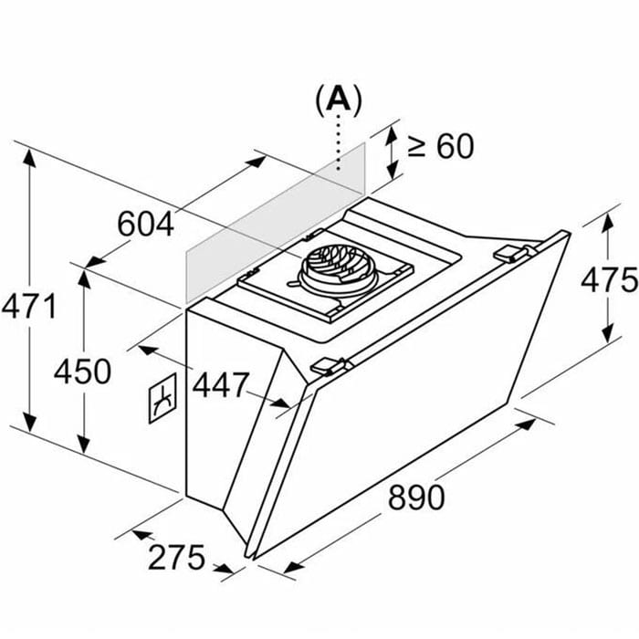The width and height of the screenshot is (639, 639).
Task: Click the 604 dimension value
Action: pyautogui.click(x=145, y=225)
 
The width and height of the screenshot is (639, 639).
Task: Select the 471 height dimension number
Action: pyautogui.click(x=28, y=306)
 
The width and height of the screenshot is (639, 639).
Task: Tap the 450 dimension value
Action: pyautogui.click(x=82, y=372)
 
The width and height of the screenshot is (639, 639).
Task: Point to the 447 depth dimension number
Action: pyautogui.click(x=220, y=384)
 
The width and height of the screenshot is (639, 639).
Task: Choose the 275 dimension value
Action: pyautogui.click(x=176, y=558)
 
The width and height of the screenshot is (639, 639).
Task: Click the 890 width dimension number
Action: pyautogui.click(x=416, y=498)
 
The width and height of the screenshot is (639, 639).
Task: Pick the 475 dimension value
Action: pyautogui.click(x=609, y=279)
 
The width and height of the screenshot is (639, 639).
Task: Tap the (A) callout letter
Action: pyautogui.click(x=339, y=100)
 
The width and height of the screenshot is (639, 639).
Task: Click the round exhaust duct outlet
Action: pyautogui.click(x=339, y=268)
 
